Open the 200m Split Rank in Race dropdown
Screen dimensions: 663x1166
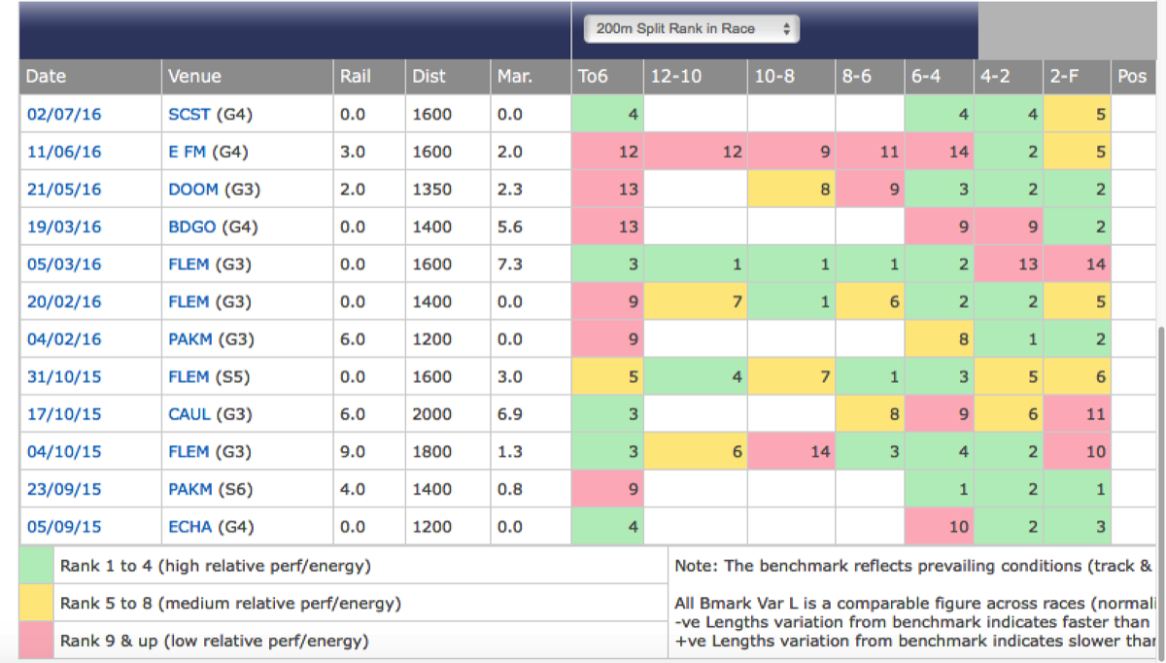(691, 29)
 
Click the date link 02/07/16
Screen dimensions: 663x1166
(64, 115)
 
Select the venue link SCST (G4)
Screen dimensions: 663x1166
(210, 115)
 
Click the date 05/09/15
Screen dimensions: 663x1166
(64, 527)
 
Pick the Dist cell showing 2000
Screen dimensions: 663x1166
(432, 414)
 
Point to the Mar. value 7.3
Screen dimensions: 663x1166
(510, 264)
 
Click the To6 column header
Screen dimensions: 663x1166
(593, 76)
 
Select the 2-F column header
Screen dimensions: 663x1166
(1067, 76)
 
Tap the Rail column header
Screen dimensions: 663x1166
(355, 76)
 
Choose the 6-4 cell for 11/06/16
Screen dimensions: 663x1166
(940, 152)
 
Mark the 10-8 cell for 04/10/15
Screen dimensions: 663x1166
(792, 452)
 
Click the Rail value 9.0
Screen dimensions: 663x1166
(353, 452)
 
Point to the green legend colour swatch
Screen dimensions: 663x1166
(36, 565)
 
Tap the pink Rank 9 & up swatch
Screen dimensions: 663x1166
(36, 641)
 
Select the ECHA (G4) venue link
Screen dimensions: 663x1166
(210, 527)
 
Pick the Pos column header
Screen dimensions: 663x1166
(1132, 76)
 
